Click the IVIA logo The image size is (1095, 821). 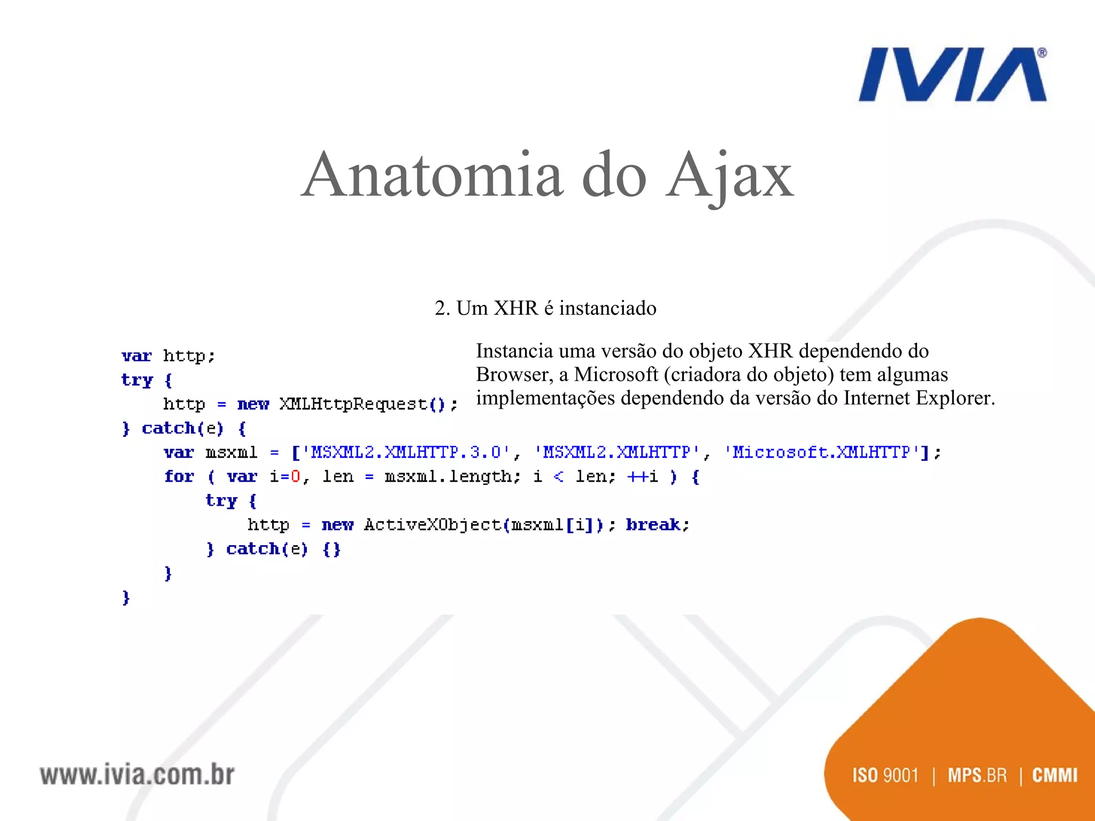[x=952, y=75]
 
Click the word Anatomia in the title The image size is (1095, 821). [x=432, y=175]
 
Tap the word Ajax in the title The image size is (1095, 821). [x=729, y=175]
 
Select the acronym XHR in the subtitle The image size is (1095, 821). [x=516, y=308]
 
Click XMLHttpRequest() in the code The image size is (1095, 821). [x=362, y=404]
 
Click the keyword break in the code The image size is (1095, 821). [x=653, y=525]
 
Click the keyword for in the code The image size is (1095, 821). [x=179, y=477]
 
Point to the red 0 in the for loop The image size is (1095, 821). [x=295, y=477]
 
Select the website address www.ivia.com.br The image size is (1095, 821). [x=137, y=775]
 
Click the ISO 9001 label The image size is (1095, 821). [x=885, y=775]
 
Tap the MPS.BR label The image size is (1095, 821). [x=977, y=775]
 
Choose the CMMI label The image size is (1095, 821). [x=1054, y=775]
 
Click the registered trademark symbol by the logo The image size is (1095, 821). [x=1042, y=53]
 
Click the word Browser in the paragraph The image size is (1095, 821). [x=514, y=375]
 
